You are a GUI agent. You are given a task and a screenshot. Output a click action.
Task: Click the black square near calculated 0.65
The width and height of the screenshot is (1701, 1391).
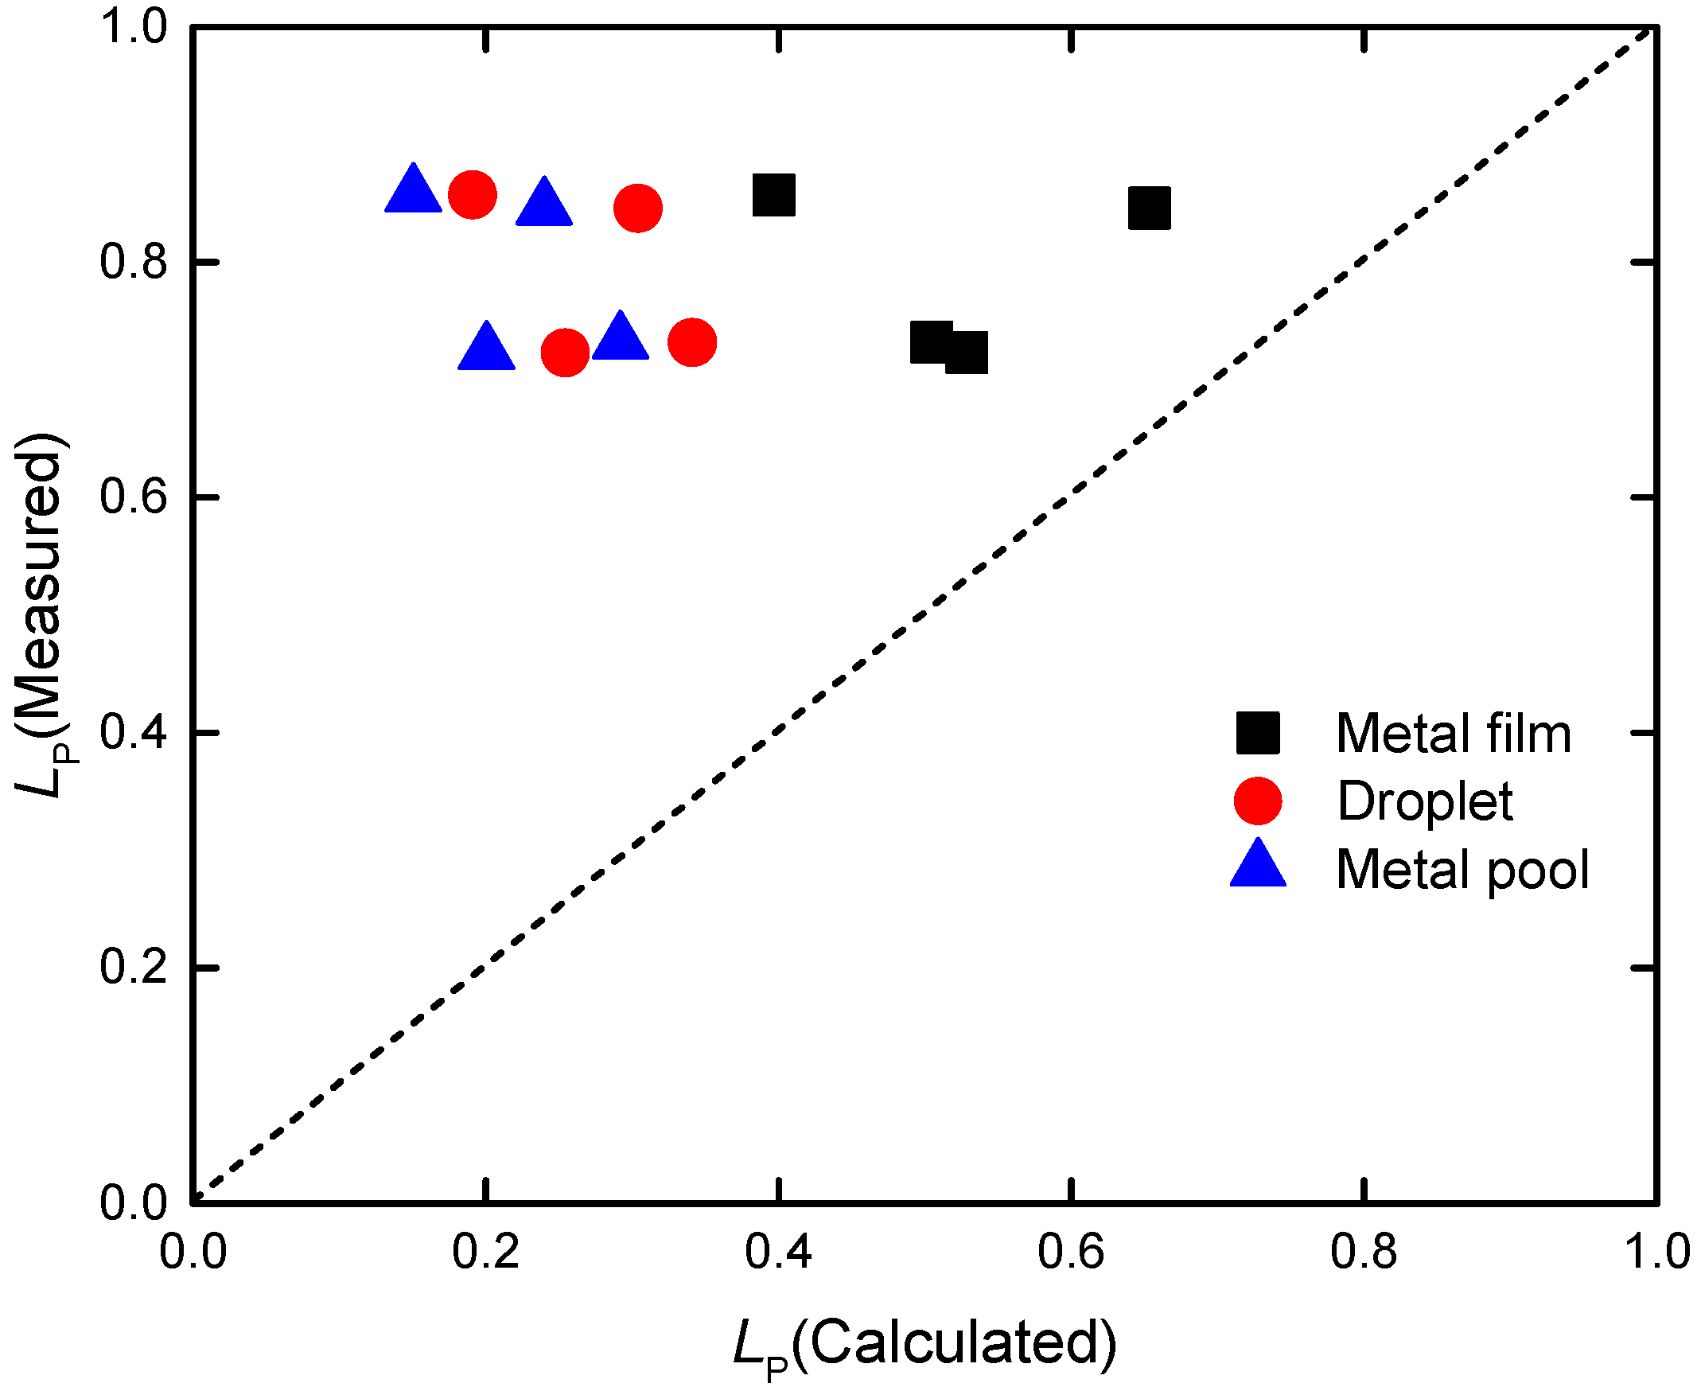click(x=1149, y=208)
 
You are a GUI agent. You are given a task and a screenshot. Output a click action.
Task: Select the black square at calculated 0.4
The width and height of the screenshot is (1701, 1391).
click(x=774, y=195)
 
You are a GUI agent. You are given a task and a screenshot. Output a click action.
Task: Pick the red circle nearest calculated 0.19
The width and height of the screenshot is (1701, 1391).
click(x=473, y=195)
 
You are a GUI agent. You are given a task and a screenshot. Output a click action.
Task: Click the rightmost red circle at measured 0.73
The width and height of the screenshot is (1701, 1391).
click(x=691, y=342)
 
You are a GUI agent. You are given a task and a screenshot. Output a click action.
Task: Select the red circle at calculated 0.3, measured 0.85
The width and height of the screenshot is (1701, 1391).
click(x=638, y=208)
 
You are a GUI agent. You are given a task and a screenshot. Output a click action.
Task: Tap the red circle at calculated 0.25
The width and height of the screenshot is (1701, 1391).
click(x=566, y=352)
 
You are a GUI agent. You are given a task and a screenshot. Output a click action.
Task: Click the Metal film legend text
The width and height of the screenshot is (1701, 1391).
click(x=1453, y=733)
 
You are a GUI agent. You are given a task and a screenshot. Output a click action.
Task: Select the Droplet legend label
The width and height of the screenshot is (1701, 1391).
click(x=1425, y=801)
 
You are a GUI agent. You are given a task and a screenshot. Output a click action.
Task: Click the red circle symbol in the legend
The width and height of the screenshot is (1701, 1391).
click(x=1258, y=801)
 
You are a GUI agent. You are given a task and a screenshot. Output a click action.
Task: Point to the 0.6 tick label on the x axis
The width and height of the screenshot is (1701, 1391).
click(x=1070, y=1251)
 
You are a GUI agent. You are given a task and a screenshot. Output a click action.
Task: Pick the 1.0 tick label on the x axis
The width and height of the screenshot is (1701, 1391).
click(x=1656, y=1251)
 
